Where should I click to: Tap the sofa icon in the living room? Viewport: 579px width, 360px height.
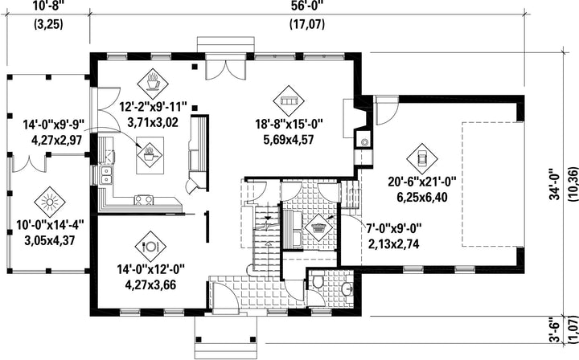[289, 100]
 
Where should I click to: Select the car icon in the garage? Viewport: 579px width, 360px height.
[421, 159]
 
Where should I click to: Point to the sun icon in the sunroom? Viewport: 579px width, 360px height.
[50, 202]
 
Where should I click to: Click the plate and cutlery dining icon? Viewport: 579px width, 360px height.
[150, 246]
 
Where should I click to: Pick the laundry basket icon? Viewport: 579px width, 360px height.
[318, 228]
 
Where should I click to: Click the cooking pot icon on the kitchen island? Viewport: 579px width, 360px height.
[150, 155]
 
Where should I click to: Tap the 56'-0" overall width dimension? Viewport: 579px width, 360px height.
[307, 6]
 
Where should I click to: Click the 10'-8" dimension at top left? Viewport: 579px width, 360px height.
[48, 6]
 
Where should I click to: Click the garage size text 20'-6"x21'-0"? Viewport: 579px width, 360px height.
[422, 182]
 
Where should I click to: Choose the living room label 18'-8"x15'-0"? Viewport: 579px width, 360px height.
[289, 124]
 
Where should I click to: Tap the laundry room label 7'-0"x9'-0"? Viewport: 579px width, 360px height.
[393, 229]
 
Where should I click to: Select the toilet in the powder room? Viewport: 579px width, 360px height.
[317, 283]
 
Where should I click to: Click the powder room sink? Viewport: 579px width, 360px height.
[347, 289]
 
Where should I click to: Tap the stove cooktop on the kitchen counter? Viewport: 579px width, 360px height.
[143, 200]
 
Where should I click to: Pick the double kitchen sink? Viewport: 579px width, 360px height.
[105, 175]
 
